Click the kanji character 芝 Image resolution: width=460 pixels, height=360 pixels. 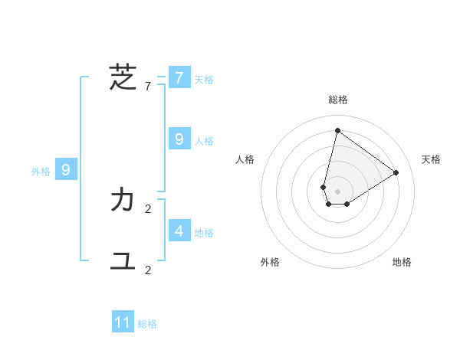(x=123, y=78)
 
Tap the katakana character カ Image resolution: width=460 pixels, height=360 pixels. (x=123, y=201)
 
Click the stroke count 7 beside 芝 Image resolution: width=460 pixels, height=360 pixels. (x=148, y=87)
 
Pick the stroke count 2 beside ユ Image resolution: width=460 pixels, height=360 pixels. (x=148, y=270)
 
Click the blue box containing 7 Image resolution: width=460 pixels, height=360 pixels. (x=179, y=78)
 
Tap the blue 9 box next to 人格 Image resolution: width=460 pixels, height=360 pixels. (x=179, y=139)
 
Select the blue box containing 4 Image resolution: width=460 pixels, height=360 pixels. (x=179, y=231)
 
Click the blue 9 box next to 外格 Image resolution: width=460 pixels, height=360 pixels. (x=66, y=170)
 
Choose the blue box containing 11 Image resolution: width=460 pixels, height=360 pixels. (x=123, y=322)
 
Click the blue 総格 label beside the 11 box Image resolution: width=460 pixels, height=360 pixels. (x=147, y=324)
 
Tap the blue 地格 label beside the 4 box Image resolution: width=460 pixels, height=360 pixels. (x=204, y=233)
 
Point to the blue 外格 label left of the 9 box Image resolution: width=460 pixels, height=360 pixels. (x=41, y=172)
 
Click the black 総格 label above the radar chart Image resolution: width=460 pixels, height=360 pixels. (x=337, y=100)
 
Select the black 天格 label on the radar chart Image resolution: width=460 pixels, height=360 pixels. (x=431, y=159)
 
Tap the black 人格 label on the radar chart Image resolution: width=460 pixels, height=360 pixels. (x=245, y=159)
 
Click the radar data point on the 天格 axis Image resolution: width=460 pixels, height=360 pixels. (x=396, y=172)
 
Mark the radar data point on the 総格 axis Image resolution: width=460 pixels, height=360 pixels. (x=337, y=130)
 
